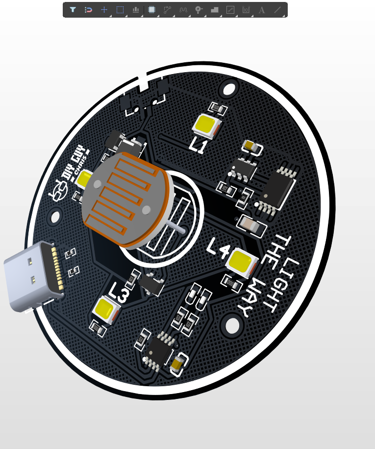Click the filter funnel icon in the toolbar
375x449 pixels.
coord(73,9)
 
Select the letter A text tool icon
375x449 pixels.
coord(262,10)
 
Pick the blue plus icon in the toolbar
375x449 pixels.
coord(104,9)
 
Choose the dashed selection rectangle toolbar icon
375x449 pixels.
coord(120,9)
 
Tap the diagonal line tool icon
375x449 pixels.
coord(277,9)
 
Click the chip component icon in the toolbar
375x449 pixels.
coord(151,9)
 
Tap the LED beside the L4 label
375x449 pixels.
coord(241,261)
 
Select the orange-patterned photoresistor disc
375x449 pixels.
coord(125,199)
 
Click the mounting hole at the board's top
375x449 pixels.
coord(229,89)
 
